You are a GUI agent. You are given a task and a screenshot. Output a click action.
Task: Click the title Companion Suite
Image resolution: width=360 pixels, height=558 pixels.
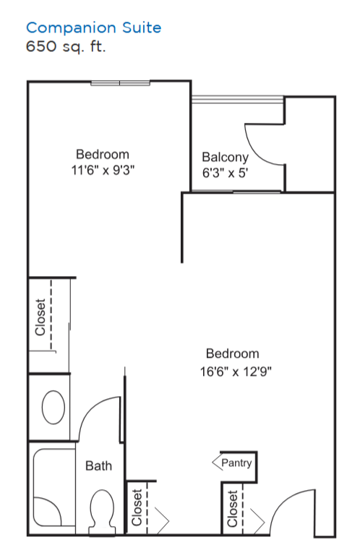[x=94, y=27]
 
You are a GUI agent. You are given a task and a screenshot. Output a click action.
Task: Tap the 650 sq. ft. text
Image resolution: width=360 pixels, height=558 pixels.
[x=66, y=46]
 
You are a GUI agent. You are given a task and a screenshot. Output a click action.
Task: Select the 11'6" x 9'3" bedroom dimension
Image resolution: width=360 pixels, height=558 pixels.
[x=103, y=170]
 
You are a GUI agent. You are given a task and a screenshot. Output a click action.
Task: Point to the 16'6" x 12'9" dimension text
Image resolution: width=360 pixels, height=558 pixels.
[x=236, y=372]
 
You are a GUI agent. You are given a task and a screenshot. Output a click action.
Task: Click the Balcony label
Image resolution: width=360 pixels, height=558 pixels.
[x=225, y=157]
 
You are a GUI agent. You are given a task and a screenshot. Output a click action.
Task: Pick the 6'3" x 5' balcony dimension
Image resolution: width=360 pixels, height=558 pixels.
[x=225, y=173]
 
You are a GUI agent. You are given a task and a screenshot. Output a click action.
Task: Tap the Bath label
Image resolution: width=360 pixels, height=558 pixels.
[x=98, y=465]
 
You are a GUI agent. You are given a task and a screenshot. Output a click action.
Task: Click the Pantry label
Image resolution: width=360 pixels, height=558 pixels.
[x=236, y=463]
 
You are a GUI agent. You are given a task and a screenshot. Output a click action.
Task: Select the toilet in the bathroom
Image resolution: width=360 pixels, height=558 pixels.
[x=102, y=512]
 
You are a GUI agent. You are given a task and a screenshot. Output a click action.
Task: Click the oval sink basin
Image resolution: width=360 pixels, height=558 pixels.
[x=53, y=407]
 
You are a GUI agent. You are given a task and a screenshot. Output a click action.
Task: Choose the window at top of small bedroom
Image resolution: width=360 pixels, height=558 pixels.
[x=120, y=83]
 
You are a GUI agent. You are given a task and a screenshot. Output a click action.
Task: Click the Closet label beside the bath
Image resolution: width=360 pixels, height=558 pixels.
[x=137, y=507]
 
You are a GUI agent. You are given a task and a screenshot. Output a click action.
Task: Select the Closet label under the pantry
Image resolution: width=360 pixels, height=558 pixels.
[x=232, y=509]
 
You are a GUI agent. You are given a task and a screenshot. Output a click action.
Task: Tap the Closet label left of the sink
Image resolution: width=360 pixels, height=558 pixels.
[x=40, y=317]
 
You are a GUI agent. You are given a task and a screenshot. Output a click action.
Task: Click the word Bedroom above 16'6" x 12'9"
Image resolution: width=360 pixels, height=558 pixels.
[x=233, y=353]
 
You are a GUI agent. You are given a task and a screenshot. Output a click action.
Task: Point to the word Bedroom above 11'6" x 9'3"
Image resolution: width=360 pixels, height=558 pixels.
[x=103, y=155]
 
